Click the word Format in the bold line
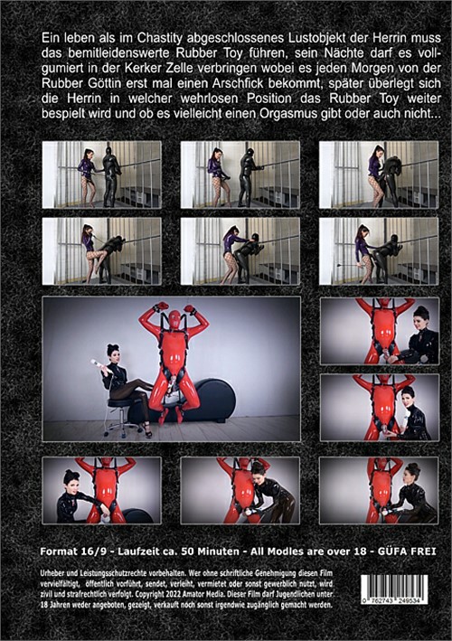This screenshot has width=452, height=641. click(x=58, y=551)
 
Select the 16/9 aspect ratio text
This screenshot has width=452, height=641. click(x=92, y=551)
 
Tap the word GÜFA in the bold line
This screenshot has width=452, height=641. click(x=392, y=551)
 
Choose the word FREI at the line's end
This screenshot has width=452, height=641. click(x=423, y=551)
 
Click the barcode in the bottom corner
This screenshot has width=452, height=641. click(x=394, y=589)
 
